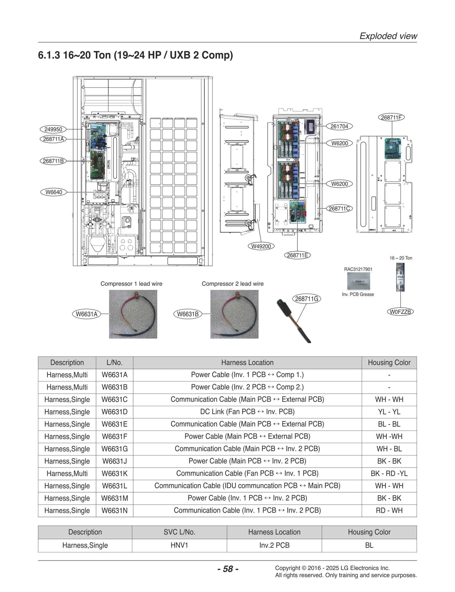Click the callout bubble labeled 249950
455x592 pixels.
click(x=53, y=129)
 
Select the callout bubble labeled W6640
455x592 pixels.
click(x=54, y=192)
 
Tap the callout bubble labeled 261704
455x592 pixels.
click(x=339, y=126)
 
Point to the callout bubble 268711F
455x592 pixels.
click(x=391, y=117)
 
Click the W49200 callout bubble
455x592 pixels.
click(x=261, y=246)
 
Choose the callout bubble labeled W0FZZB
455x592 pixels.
click(x=400, y=312)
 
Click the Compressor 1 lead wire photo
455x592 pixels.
click(x=133, y=314)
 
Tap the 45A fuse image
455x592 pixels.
click(x=400, y=277)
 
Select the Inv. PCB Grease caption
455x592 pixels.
click(x=358, y=294)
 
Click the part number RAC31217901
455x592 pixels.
click(x=358, y=269)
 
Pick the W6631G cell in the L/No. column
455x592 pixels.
click(x=115, y=449)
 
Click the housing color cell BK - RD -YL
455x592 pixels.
click(x=389, y=474)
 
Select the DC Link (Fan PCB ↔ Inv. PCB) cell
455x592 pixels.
click(x=247, y=412)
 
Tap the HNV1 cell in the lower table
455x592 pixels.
click(x=179, y=545)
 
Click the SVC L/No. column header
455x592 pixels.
click(x=179, y=532)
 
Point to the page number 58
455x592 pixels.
click(x=228, y=569)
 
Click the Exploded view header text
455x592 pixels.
click(x=388, y=36)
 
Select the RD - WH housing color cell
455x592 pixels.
click(x=389, y=510)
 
